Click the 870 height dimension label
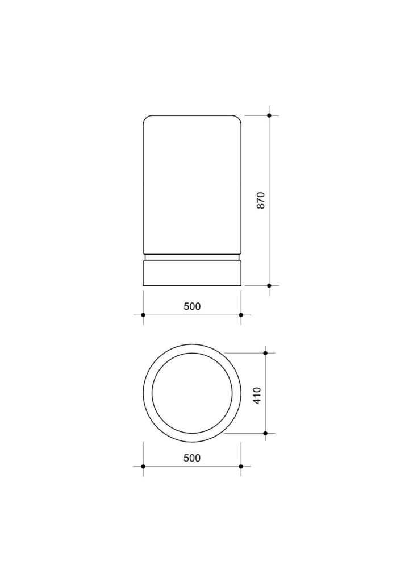261,200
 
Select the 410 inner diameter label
257,396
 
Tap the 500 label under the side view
192,306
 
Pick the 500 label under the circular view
192,458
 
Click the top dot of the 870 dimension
269,115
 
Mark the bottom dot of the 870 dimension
269,285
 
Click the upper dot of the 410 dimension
265,353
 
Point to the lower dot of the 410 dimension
265,433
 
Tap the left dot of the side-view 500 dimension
143,315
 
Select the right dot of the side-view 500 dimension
241,315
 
